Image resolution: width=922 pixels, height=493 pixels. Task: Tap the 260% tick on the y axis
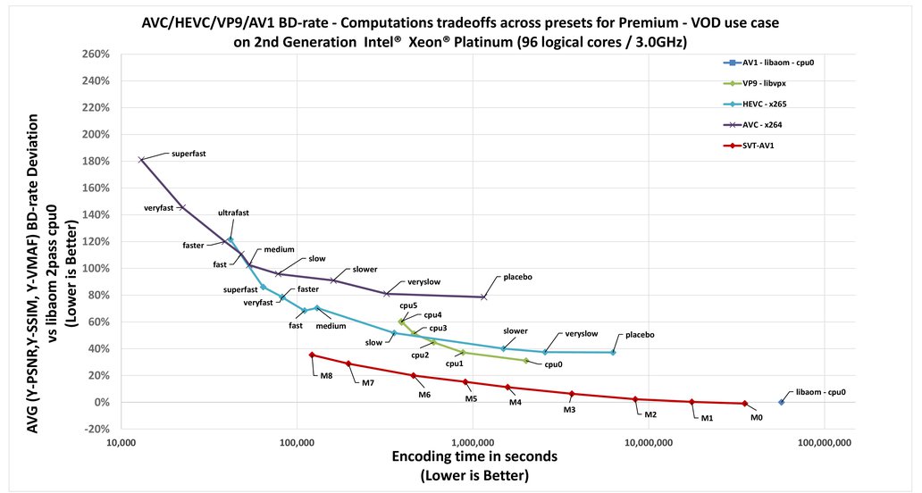[95, 54]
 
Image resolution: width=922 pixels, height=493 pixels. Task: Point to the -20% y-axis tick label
[95, 429]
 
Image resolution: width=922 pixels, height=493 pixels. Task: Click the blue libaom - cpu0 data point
[781, 402]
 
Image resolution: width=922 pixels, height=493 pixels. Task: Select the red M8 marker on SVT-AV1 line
[312, 355]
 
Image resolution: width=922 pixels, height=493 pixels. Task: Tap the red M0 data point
[744, 404]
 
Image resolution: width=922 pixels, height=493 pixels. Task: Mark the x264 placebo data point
[484, 297]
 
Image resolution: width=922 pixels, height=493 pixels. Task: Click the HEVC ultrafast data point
[230, 239]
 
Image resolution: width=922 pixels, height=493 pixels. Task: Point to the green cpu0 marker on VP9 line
[526, 361]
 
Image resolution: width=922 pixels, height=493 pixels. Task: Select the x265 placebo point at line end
[613, 353]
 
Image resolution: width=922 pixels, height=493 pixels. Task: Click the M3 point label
[569, 409]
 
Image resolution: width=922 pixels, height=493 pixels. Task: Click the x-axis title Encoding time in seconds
[474, 456]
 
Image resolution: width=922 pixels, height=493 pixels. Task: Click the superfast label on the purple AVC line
[189, 154]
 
